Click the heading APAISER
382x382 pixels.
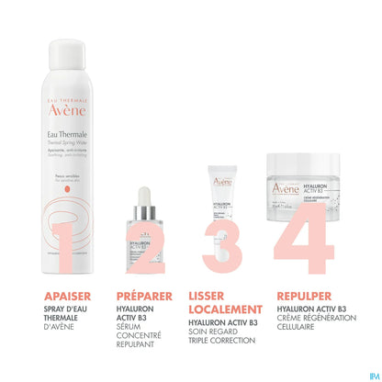73,296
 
